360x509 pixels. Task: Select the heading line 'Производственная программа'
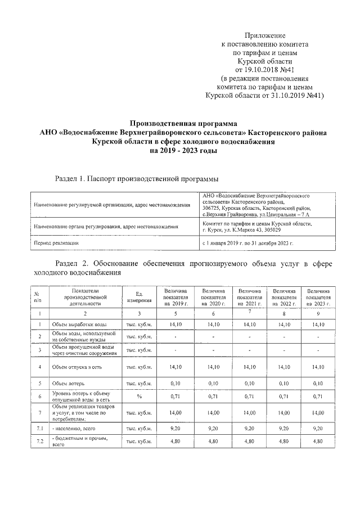pos(183,123)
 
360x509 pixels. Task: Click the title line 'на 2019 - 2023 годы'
pos(183,151)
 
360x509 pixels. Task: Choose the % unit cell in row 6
pos(139,396)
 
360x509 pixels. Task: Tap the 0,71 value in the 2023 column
pos(318,396)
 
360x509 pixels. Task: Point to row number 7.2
pos(37,442)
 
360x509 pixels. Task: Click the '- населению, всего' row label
pos(74,429)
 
